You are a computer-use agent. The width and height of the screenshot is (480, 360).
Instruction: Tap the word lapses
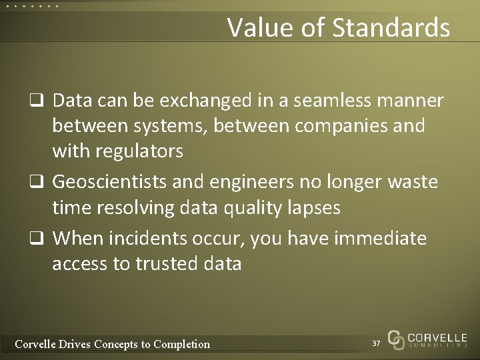click(311, 208)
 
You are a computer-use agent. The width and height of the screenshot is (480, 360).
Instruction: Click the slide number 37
click(376, 343)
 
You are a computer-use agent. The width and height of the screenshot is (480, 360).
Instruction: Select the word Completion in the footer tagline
click(181, 344)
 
